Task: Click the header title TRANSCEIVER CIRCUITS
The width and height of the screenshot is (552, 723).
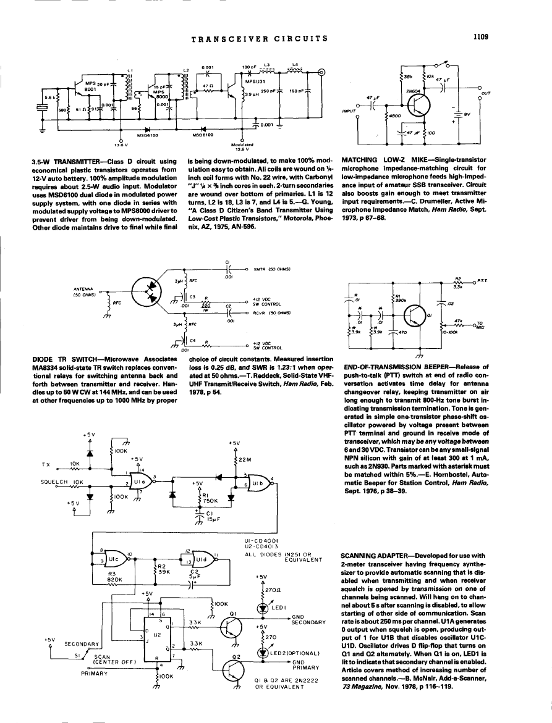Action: tap(260, 38)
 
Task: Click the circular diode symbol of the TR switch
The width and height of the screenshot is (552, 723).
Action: tap(145, 290)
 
